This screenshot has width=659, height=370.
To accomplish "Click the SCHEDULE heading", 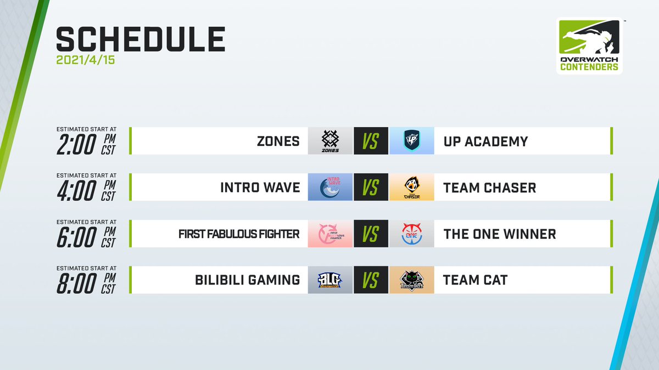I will (141, 40).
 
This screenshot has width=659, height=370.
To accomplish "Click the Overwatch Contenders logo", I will (589, 46).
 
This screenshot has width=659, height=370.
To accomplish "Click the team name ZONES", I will (278, 141).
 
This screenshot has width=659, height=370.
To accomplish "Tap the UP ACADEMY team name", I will (485, 141).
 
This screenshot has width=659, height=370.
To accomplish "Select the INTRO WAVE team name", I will (260, 187).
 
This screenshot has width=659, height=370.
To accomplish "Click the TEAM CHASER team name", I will (490, 187).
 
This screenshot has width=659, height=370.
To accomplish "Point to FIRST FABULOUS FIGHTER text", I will (239, 234).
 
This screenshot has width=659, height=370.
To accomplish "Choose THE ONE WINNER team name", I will (500, 234).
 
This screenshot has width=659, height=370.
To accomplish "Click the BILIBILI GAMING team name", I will (248, 280).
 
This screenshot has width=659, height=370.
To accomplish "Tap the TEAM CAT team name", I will (476, 280).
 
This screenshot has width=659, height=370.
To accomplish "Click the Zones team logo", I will (330, 141).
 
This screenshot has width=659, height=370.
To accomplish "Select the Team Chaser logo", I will (412, 187).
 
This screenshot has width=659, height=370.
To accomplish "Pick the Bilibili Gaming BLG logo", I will (330, 280).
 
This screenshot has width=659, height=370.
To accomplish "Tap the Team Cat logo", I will (412, 280).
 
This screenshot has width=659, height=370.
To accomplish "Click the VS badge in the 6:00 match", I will (371, 234).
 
